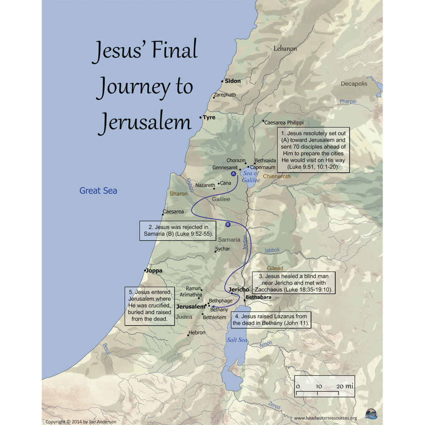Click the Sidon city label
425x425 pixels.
(233, 81)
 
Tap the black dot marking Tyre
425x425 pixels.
(201, 117)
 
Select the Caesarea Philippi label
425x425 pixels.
(284, 123)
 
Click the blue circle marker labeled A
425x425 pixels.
(233, 174)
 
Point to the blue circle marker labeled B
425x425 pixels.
(228, 224)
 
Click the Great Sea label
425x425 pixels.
(98, 191)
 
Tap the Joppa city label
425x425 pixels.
(154, 271)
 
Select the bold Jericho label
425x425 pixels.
(239, 290)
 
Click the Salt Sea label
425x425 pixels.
(237, 340)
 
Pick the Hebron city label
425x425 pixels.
(197, 333)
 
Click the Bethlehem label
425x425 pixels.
(215, 317)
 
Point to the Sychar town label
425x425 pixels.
(222, 249)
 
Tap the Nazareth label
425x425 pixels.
(205, 185)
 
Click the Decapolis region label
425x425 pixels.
(354, 84)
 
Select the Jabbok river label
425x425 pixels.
(272, 250)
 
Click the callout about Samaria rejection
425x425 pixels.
(178, 231)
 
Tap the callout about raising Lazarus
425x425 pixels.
(271, 320)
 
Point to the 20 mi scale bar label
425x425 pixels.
(345, 386)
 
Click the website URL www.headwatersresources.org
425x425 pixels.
(325, 418)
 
